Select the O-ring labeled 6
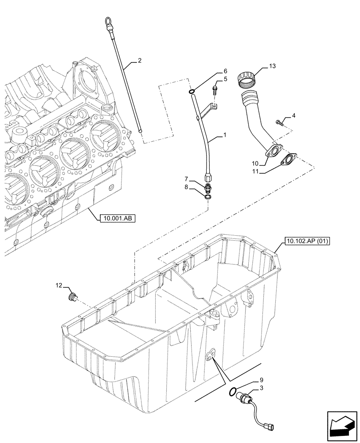click(x=192, y=92)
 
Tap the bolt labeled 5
click(x=215, y=91)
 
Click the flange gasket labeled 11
click(x=289, y=160)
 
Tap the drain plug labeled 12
click(x=71, y=297)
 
